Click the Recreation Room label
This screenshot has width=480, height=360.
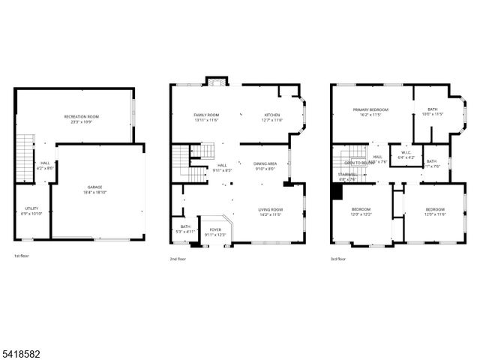82,118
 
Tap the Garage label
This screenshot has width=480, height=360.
95,189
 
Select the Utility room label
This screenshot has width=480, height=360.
31,211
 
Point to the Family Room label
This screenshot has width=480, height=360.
205,117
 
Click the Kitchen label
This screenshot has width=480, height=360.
271,117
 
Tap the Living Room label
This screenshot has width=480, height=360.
270,211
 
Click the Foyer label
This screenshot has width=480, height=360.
215,232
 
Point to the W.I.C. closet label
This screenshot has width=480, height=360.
406,155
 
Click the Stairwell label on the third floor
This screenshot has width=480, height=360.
348,176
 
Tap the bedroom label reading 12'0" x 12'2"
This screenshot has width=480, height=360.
361,211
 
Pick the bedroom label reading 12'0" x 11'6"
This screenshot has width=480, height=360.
435,211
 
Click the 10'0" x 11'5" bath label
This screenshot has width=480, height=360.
432,112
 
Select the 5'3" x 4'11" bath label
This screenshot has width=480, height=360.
185,229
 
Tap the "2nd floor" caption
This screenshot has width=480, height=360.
178,258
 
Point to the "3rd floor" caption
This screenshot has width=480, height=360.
337,258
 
